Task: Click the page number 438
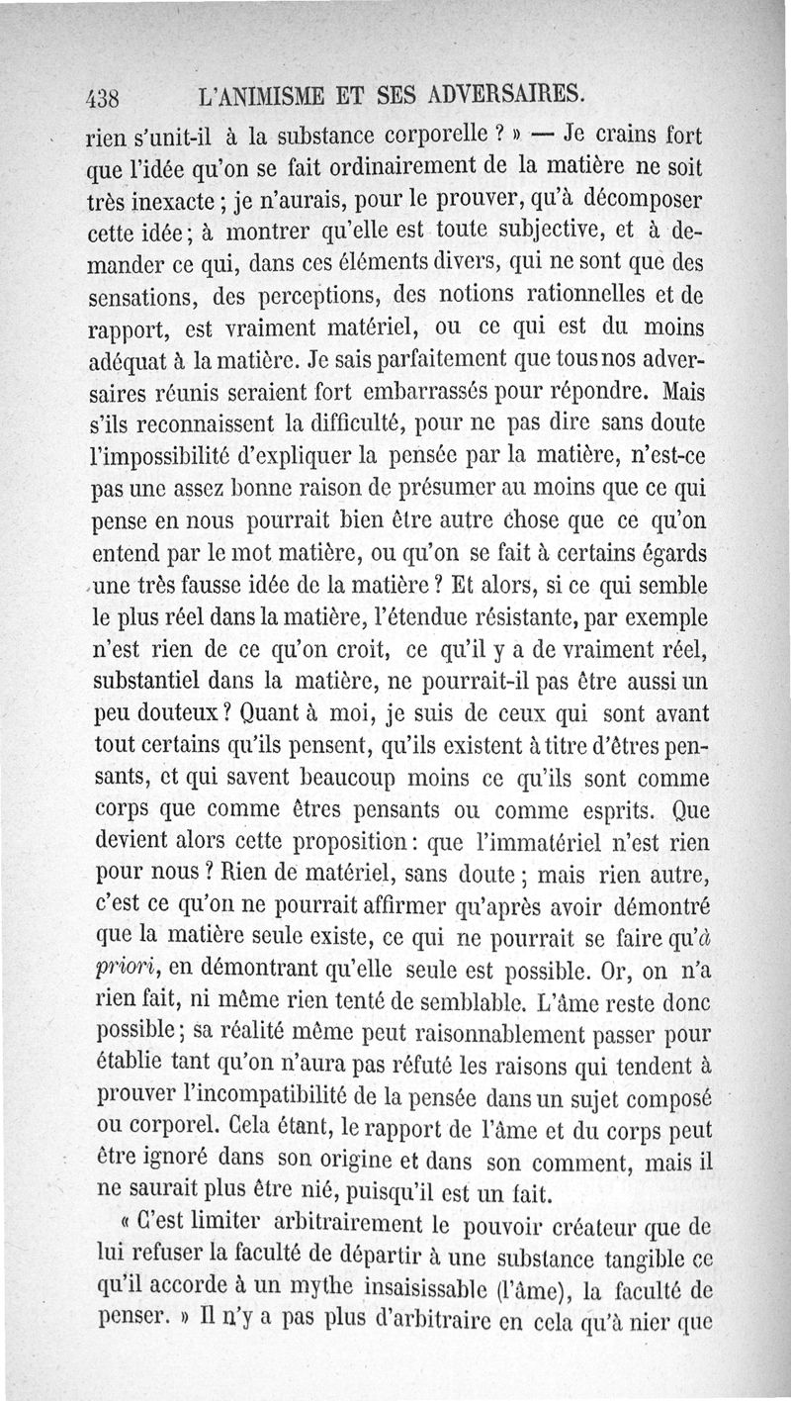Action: pos(103,98)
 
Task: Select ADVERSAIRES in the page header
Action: pos(512,96)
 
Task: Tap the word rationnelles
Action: pos(565,294)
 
